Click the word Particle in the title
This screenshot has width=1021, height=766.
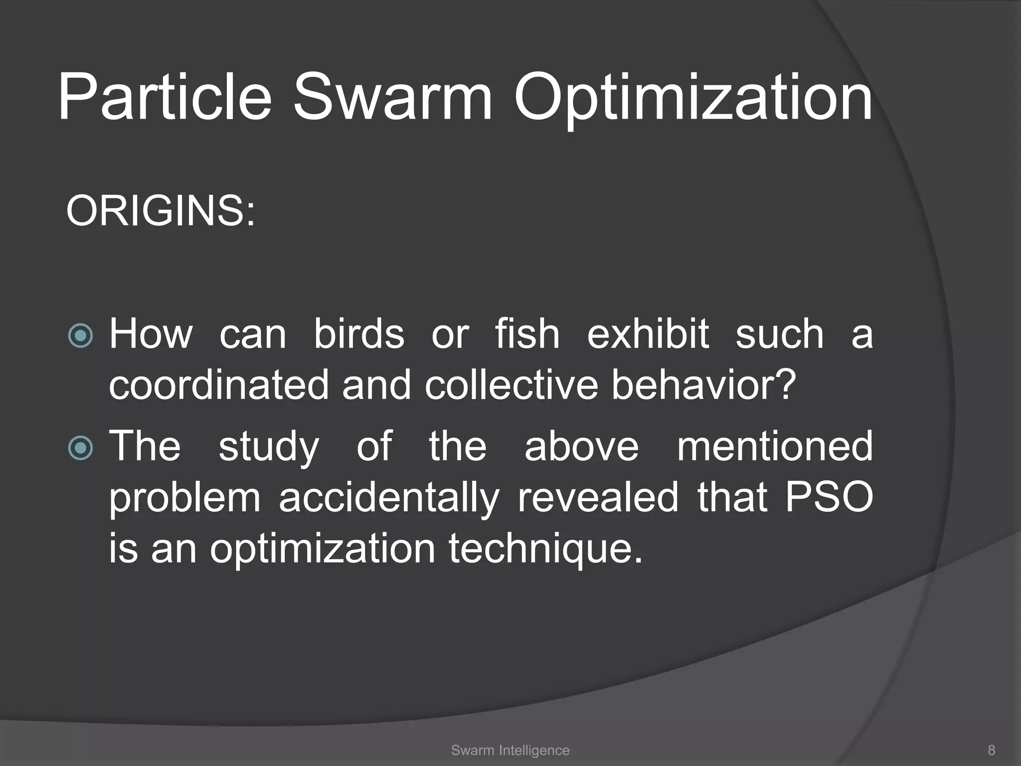[x=165, y=97]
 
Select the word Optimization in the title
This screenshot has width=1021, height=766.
[x=693, y=97]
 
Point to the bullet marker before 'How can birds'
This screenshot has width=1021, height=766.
[x=80, y=336]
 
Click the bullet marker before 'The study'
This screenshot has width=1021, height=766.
[x=80, y=447]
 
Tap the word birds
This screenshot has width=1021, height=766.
[x=359, y=334]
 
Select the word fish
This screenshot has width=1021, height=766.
[x=527, y=334]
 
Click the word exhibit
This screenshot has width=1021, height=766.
[x=648, y=334]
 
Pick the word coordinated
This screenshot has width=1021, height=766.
[x=219, y=385]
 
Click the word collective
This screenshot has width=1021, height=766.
[x=511, y=385]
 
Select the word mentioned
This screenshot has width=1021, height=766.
[x=774, y=446]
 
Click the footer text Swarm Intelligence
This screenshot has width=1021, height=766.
[x=510, y=750]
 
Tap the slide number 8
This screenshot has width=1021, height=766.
[x=991, y=750]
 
